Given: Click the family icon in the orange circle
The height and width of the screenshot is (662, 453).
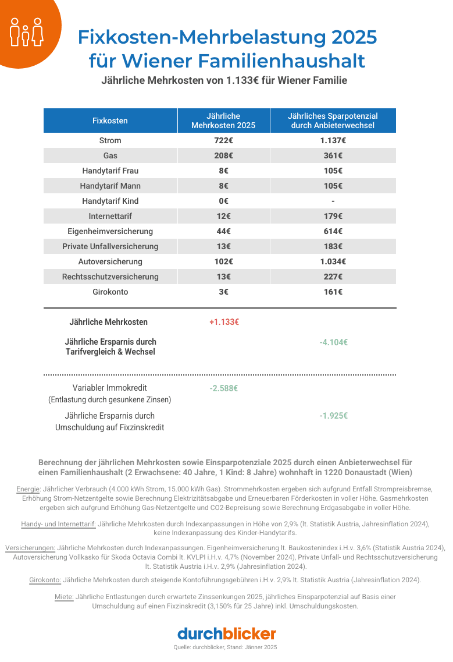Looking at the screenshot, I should click(27, 31).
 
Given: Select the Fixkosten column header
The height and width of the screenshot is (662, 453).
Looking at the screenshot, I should click(110, 121).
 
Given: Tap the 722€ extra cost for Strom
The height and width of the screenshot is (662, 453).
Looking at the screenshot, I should click(224, 140).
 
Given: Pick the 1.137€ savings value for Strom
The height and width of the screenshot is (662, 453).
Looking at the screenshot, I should click(333, 140).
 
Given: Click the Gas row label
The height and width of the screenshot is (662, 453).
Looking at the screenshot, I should click(110, 155).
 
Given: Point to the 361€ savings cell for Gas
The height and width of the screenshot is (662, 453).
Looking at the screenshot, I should click(333, 155).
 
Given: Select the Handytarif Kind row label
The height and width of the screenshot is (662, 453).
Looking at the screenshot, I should click(110, 201).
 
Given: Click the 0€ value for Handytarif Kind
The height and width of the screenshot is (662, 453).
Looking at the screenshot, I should click(224, 201).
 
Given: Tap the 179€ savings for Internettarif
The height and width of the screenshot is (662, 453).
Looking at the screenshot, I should click(333, 216).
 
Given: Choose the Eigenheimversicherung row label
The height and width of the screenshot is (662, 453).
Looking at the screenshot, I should click(110, 231).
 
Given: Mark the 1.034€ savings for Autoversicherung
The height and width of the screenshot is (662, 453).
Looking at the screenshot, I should click(333, 261).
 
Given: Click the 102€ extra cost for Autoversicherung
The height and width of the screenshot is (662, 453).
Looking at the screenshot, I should click(224, 261).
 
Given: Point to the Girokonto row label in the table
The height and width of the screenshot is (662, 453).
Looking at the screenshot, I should click(110, 292).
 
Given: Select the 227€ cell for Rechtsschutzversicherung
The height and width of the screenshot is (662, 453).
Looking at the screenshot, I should click(333, 277).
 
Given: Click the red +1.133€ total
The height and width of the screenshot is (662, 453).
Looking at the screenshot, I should click(224, 322).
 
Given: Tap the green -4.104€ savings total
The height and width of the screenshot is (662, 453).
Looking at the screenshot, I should click(333, 342).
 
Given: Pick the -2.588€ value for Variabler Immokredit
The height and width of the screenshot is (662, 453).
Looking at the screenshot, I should click(224, 388).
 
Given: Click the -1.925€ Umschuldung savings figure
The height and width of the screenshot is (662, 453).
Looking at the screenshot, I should click(333, 416).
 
